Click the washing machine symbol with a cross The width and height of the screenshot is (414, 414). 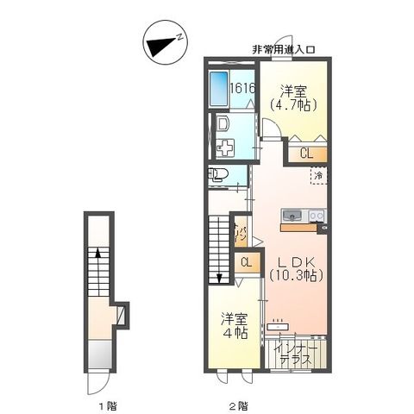pos(225,147)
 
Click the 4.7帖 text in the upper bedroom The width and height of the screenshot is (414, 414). pos(293,104)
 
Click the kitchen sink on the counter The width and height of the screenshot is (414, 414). pos(290,215)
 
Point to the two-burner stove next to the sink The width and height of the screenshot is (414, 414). pos(315,215)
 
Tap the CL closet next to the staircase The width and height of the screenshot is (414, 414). pos(247,262)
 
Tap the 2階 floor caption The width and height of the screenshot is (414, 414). pos(237,404)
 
